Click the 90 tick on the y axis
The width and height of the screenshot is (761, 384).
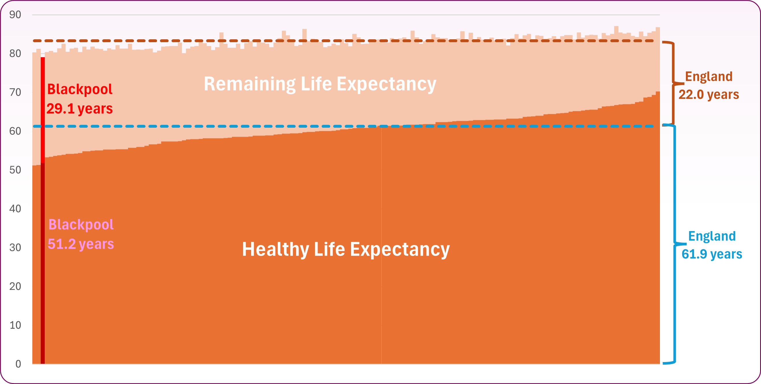[x=15, y=14]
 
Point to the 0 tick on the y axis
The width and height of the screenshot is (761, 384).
[x=18, y=364]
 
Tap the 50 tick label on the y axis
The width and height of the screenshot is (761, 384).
[x=15, y=170]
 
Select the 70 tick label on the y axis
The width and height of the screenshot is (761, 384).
[x=15, y=92]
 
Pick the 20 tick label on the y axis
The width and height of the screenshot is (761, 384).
[x=15, y=286]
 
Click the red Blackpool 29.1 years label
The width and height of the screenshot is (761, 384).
[x=80, y=99]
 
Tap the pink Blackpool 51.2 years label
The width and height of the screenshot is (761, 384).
[x=81, y=234]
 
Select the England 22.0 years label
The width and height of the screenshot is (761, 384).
[x=709, y=86]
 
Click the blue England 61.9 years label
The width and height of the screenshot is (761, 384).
[x=712, y=245]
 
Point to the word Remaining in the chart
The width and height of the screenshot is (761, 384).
[x=250, y=84]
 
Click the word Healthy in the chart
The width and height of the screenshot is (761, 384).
[x=275, y=249]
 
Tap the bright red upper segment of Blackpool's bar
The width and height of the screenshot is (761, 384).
[x=43, y=110]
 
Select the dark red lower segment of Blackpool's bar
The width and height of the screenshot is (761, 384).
[x=43, y=264]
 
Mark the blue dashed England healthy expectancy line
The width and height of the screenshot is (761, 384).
[x=343, y=126]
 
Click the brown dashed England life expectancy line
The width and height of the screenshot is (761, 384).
[x=343, y=41]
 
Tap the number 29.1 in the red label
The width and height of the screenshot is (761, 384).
[x=60, y=109]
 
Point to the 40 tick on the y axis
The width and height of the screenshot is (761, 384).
[x=15, y=209]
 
